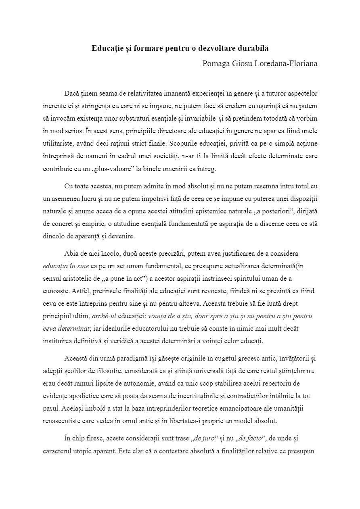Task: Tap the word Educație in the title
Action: point(106,48)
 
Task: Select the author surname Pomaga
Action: point(217,63)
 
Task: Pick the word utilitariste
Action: point(58,143)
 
